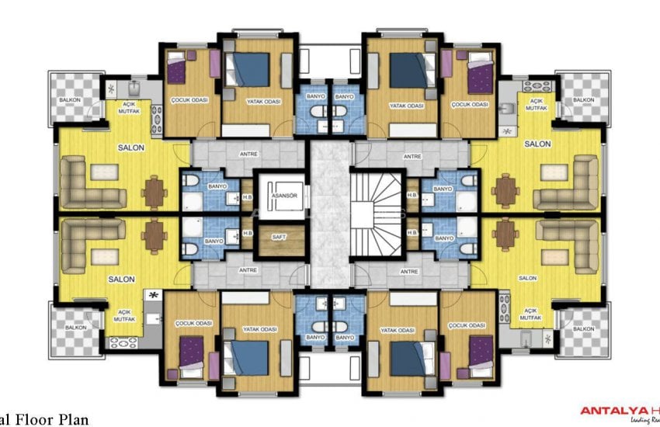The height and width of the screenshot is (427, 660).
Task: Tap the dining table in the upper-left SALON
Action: tap(155, 191)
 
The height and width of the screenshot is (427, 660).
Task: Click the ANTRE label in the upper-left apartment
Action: tap(248, 156)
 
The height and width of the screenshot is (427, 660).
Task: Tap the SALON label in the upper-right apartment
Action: tap(537, 144)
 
